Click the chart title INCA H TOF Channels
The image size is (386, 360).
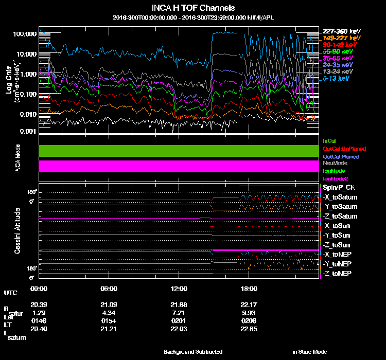(194, 8)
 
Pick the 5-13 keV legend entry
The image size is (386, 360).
(336, 79)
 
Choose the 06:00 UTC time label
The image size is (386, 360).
(109, 289)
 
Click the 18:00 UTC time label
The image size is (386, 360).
(249, 289)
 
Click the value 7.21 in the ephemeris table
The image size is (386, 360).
(179, 313)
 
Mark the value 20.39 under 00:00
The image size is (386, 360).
(39, 304)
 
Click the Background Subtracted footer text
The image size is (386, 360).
(193, 352)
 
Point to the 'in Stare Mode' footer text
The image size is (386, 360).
(309, 352)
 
